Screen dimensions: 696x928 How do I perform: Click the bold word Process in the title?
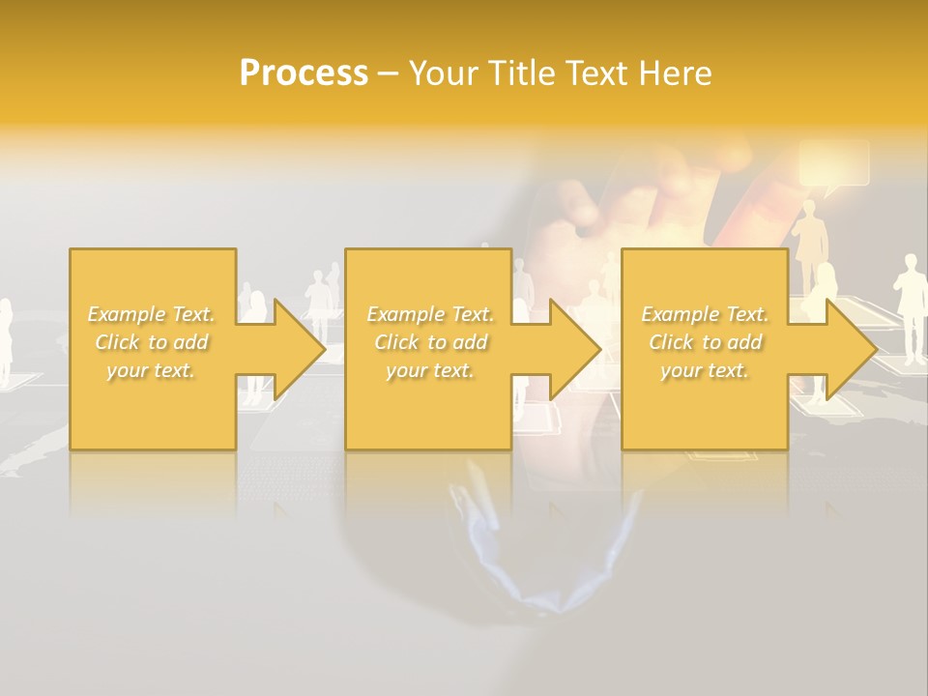[304, 73]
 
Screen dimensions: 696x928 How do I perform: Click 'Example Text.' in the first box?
[152, 314]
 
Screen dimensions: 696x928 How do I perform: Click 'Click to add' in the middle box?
[430, 342]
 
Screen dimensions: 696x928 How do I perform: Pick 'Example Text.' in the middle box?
[430, 314]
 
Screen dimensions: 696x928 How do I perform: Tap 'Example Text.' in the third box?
[705, 314]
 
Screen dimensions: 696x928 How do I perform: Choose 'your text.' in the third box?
[704, 370]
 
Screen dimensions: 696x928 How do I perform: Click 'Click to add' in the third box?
[705, 342]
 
